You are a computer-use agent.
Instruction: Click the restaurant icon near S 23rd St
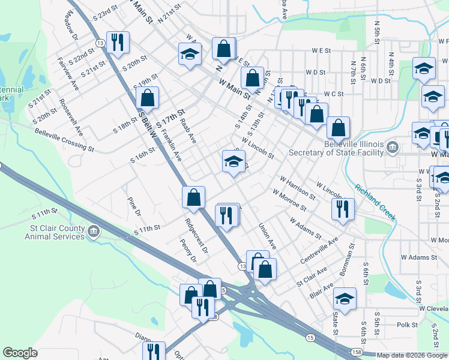point(116,42)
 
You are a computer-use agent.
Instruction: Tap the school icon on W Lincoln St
point(234,161)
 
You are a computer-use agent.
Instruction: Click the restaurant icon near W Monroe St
point(343,208)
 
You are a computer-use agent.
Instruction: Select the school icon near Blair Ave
point(345,298)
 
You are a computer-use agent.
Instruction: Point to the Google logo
point(20,353)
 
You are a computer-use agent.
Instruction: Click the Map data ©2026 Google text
point(412,355)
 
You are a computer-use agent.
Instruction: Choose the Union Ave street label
point(267,237)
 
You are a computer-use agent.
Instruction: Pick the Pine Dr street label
point(133,206)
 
